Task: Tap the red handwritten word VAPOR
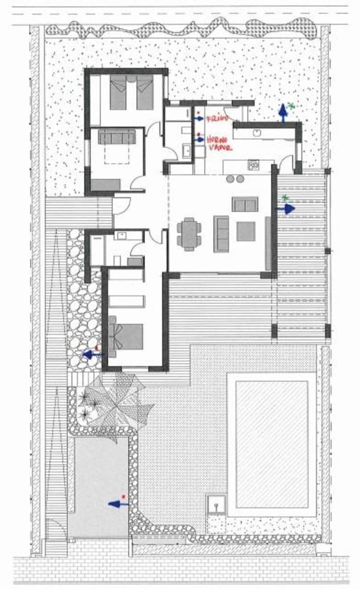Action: click(x=219, y=147)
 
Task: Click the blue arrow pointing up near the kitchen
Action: click(x=283, y=112)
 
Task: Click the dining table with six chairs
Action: click(x=189, y=234)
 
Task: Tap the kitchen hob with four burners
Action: click(x=253, y=165)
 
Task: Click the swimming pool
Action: click(x=272, y=444)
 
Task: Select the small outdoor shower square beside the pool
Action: click(x=216, y=504)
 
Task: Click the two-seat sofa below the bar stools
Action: click(x=245, y=204)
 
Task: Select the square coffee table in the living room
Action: click(x=246, y=231)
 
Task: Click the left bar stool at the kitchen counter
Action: click(x=231, y=179)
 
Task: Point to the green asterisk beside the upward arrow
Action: click(x=291, y=106)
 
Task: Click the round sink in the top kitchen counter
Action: click(x=256, y=133)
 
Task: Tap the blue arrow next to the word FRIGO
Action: click(x=199, y=119)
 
